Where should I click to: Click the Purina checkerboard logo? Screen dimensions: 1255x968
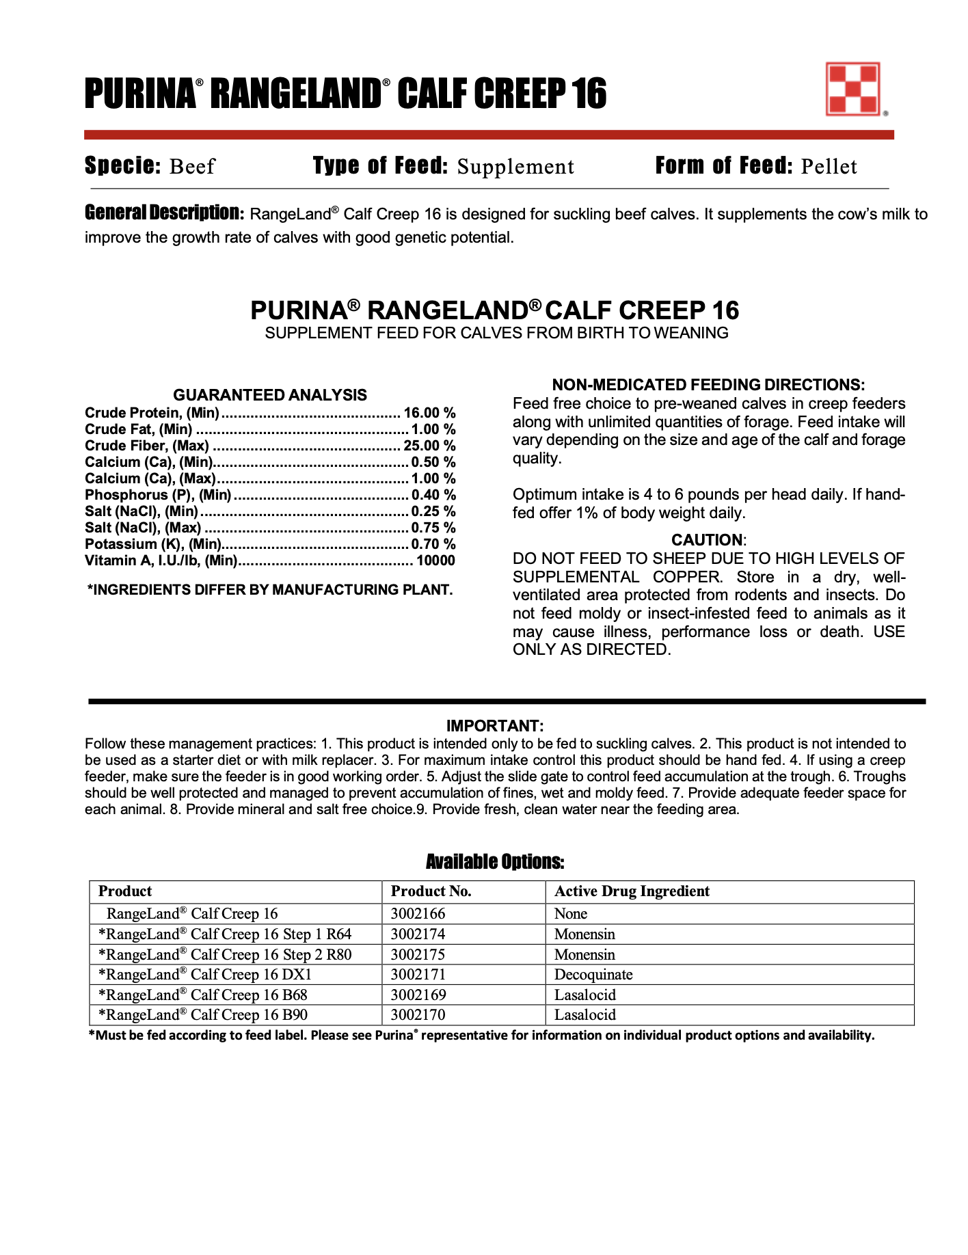[852, 90]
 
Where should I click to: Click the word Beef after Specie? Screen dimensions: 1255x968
[192, 167]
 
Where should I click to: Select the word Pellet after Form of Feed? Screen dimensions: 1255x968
[829, 167]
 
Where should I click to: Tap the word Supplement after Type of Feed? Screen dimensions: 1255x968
[515, 167]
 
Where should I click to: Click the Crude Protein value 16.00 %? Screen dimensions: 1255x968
[429, 413]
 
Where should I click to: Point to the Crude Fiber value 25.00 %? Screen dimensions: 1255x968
[429, 446]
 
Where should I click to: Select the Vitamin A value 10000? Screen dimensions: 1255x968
[435, 561]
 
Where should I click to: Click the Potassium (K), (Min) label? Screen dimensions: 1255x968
[152, 544]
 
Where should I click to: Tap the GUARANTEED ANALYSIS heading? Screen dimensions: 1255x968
[270, 395]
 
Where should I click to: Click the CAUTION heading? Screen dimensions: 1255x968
[707, 540]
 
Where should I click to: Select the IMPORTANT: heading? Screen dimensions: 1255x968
[495, 726]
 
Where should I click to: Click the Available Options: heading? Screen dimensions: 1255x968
[495, 862]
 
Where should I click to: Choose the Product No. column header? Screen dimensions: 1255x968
[431, 891]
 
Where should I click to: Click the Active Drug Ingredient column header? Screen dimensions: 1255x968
[632, 891]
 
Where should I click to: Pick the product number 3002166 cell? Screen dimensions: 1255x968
[418, 914]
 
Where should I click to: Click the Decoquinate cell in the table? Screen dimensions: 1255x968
[593, 975]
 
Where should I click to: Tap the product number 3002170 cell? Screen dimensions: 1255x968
[418, 1015]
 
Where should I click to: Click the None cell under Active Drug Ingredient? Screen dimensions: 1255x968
[571, 914]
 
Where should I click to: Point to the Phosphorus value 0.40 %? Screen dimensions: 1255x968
[433, 495]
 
